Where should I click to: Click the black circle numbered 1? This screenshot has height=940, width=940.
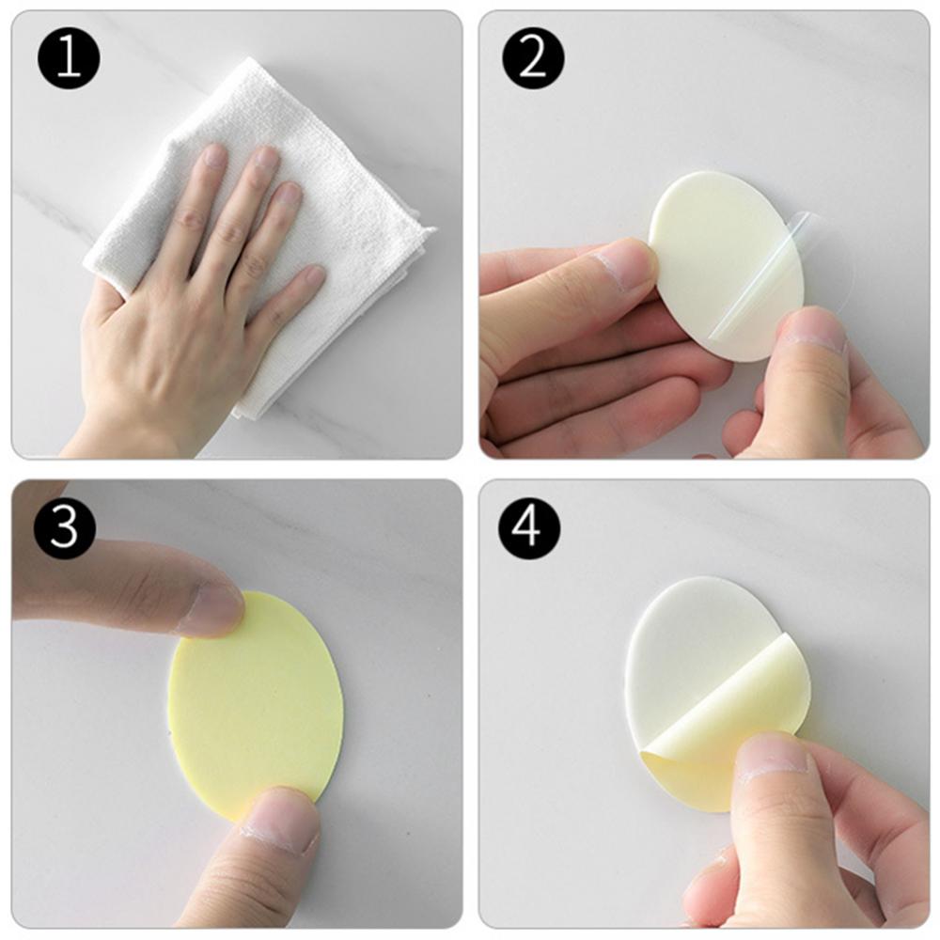(x=69, y=58)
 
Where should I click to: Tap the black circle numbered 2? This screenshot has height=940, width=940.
(x=533, y=58)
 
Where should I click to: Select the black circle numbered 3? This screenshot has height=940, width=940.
(x=65, y=527)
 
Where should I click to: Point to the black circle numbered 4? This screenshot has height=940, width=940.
(x=529, y=527)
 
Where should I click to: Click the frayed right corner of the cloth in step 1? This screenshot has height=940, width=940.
(x=429, y=231)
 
